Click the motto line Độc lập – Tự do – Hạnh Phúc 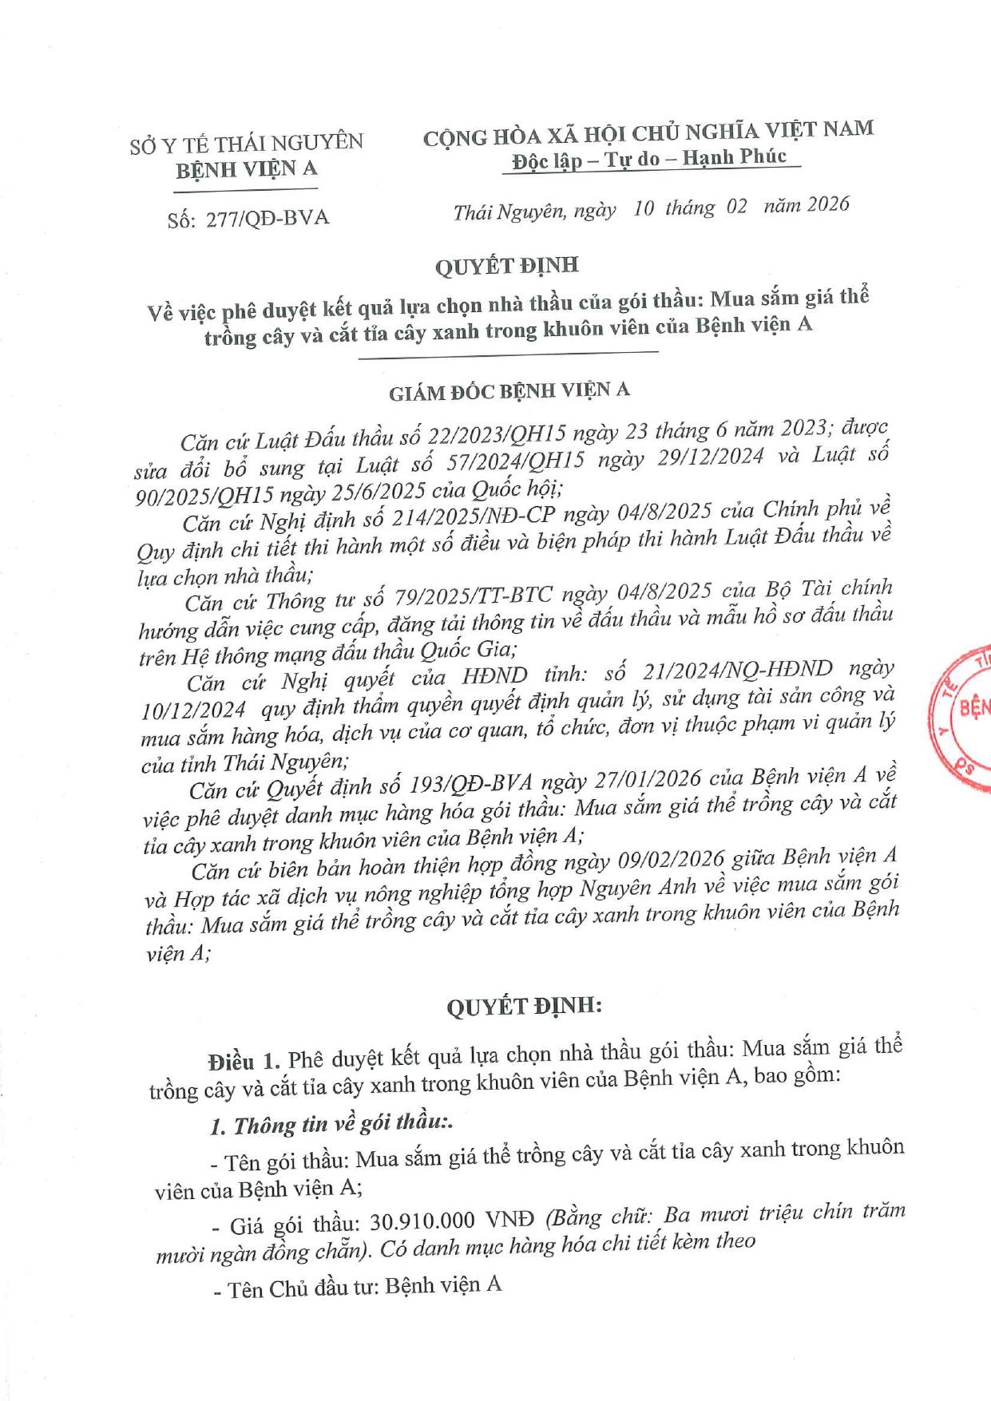(649, 158)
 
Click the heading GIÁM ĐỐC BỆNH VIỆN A (509, 391)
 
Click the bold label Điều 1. (244, 1061)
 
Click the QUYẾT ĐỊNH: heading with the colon (524, 1006)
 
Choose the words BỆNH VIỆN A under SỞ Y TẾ (247, 169)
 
